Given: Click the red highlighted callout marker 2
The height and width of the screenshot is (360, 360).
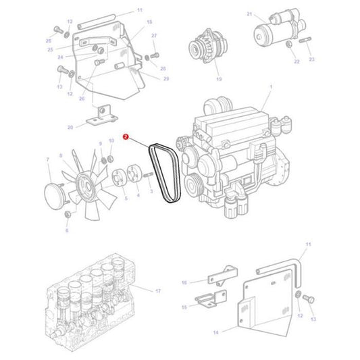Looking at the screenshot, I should coord(126,136).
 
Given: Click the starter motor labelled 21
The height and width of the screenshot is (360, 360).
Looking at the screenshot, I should coord(274,29).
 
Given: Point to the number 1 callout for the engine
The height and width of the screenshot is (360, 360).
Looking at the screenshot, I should coord(271,87).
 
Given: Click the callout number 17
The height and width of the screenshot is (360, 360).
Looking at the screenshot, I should coord(158,291).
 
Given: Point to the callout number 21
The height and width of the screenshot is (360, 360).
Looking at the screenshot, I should coord(249,14).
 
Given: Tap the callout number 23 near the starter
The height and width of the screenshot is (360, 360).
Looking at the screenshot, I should coord(312,59).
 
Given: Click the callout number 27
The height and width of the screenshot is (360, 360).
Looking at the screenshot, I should coord(153,35).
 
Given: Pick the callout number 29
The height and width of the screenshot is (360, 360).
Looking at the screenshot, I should coord(166,79).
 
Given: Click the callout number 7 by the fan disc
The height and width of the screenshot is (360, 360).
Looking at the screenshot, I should coord(48,160).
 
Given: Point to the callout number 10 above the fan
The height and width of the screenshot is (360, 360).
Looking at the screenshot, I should coord(111,141).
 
